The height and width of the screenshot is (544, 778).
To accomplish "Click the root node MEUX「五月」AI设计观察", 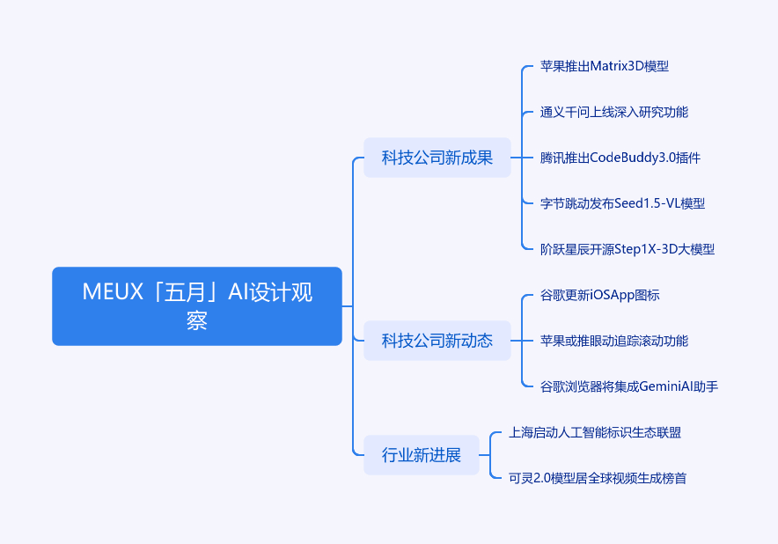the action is [x=197, y=306].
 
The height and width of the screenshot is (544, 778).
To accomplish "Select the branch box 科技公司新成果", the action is [x=437, y=158].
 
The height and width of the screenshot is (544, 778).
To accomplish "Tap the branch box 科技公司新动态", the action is [x=437, y=341].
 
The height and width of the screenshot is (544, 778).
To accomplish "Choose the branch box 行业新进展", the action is [x=422, y=455].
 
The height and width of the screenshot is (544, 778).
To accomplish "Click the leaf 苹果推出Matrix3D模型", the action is [x=605, y=66].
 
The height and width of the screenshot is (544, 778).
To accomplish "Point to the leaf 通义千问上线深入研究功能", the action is [x=614, y=112].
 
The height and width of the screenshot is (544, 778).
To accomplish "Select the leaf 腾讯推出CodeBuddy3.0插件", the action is [x=620, y=158].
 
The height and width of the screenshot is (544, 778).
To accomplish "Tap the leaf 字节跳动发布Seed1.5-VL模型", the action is [x=623, y=203].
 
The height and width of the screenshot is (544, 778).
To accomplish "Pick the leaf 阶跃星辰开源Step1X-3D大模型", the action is [x=628, y=249].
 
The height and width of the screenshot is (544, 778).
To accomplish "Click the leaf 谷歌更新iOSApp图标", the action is [x=600, y=296].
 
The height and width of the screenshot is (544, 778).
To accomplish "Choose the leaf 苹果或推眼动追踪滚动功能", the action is [x=614, y=341].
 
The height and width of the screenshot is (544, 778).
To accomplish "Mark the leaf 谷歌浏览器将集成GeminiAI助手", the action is [x=629, y=386].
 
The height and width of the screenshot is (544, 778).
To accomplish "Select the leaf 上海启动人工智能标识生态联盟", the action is [x=595, y=432].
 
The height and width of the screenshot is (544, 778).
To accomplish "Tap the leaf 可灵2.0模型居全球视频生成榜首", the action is [x=598, y=478].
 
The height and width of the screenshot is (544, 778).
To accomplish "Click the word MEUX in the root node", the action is [x=113, y=291].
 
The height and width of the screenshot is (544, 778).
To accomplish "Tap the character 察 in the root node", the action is [x=197, y=320].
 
